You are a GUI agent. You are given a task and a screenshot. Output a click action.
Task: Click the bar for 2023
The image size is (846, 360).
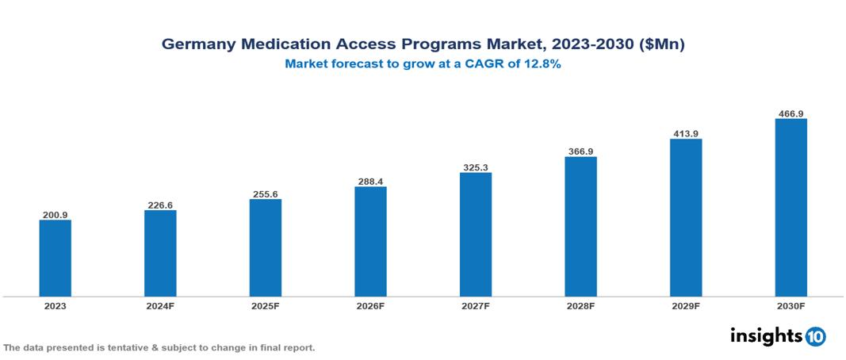click(56, 259)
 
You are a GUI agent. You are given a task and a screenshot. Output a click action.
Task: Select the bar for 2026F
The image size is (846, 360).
click(370, 242)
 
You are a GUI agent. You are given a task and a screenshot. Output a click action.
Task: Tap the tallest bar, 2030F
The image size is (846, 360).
click(790, 208)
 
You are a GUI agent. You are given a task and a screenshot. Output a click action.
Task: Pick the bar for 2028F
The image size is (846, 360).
click(580, 227)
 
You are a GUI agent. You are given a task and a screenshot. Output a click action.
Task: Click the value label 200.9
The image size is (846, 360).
click(56, 215)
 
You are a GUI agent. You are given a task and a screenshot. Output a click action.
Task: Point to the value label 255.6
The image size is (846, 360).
click(265, 194)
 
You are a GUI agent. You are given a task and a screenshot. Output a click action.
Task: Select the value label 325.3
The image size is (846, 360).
click(476, 167)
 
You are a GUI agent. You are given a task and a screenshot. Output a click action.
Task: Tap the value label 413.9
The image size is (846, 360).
click(685, 134)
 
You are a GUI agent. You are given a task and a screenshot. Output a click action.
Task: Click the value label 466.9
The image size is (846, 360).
click(790, 113)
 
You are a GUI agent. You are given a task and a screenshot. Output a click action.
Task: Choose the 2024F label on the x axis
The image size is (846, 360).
click(160, 306)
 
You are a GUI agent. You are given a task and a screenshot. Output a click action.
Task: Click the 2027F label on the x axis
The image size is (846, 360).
click(476, 306)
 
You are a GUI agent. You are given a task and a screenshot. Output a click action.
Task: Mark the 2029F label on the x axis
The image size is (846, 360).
click(685, 306)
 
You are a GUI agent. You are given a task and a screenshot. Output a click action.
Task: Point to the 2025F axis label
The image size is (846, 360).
click(265, 306)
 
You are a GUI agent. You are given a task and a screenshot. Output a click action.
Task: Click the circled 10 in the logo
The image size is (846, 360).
click(815, 336)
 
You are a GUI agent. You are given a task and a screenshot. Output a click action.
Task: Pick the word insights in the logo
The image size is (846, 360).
click(766, 335)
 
